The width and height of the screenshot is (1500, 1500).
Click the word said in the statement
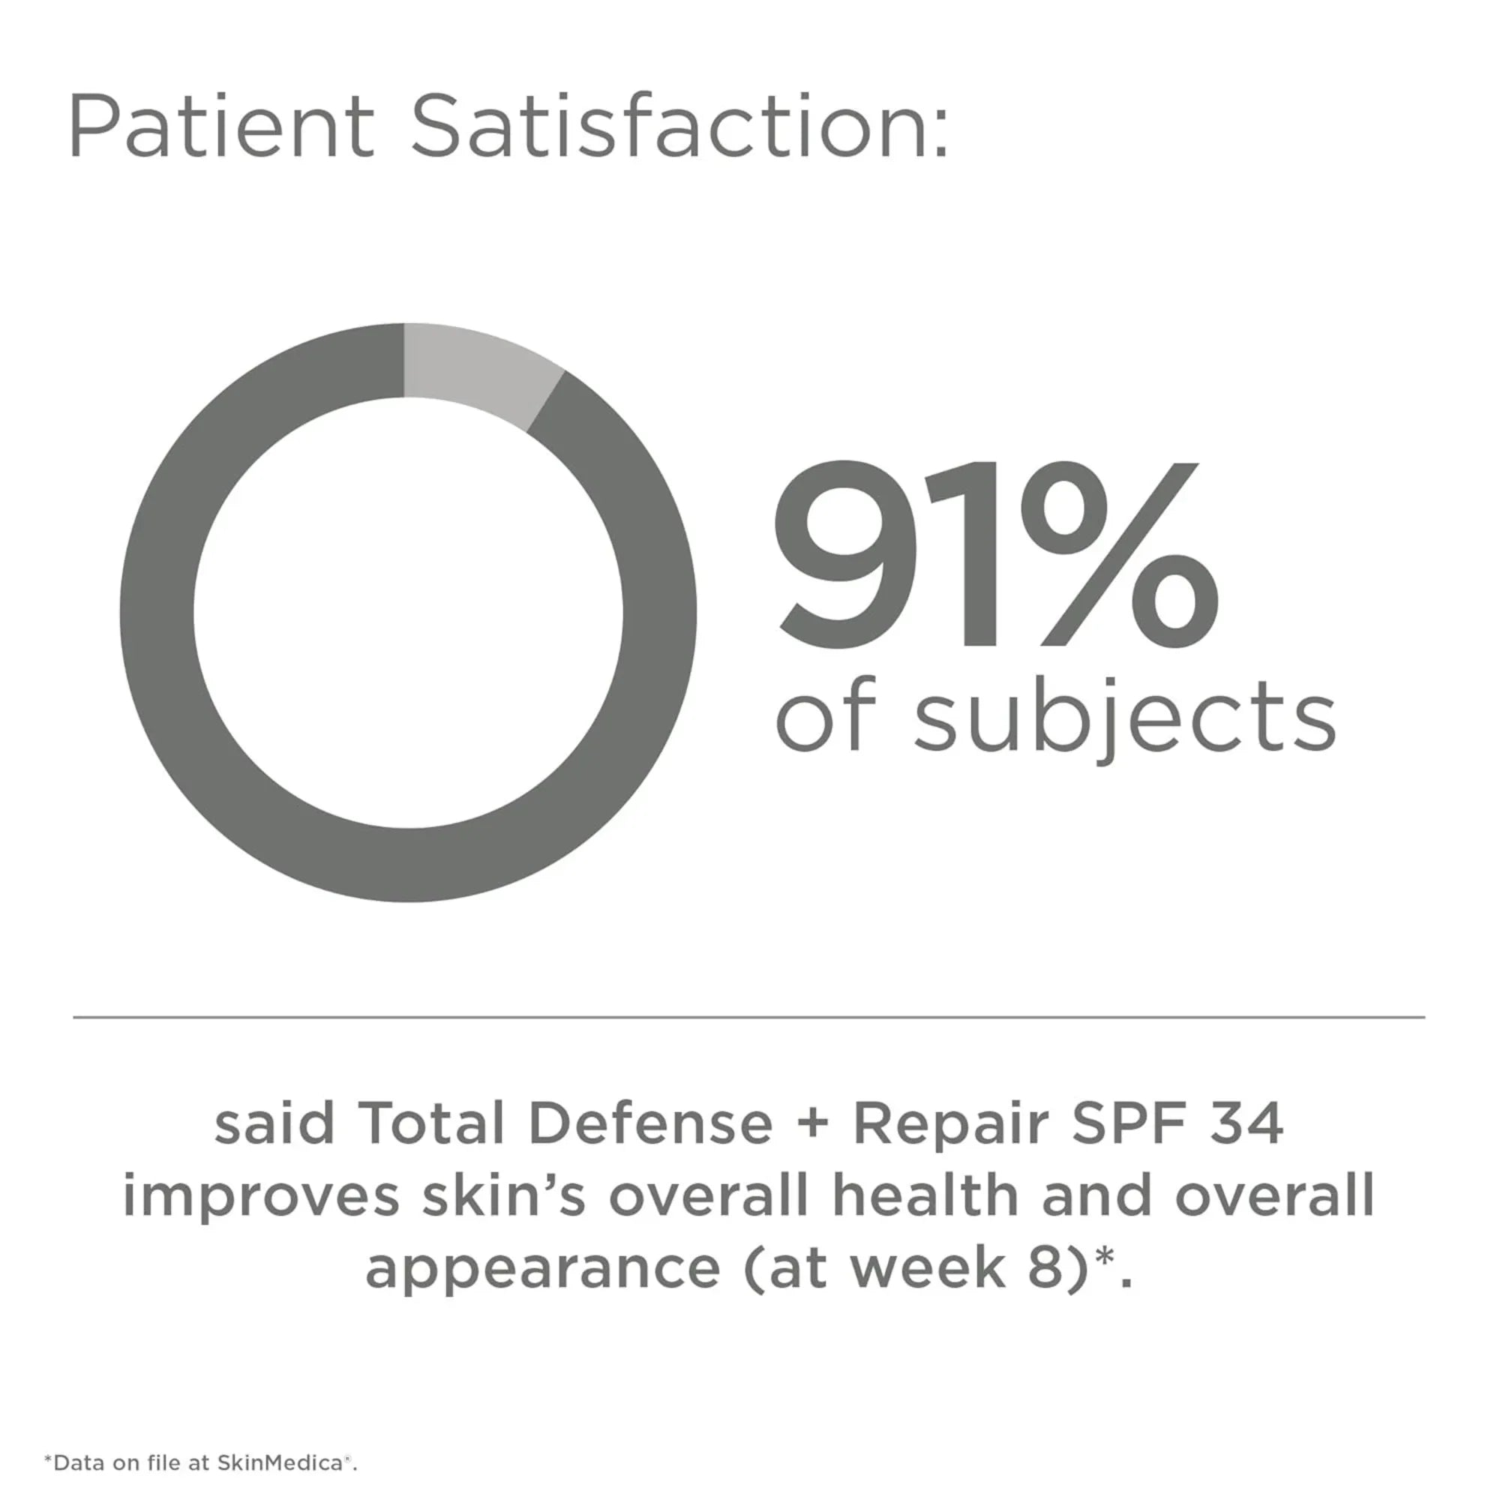274,1123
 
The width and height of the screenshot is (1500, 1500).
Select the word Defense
650,1123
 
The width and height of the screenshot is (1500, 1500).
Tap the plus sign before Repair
813,1125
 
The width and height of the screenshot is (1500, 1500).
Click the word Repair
950,1125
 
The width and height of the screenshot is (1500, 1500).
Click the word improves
261,1196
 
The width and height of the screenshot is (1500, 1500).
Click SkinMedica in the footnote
280,1462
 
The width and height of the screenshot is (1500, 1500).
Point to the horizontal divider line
748,1016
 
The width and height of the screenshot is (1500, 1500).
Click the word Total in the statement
434,1123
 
